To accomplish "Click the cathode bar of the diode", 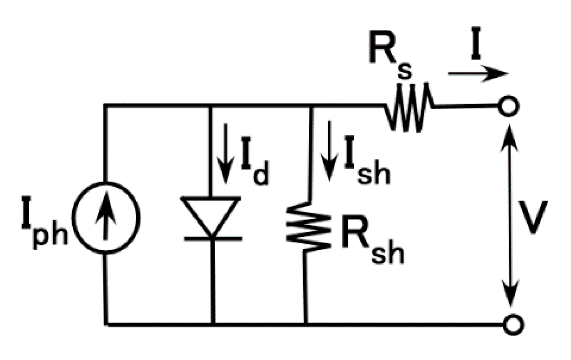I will click(x=212, y=238).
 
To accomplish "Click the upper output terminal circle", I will click(x=510, y=106).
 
